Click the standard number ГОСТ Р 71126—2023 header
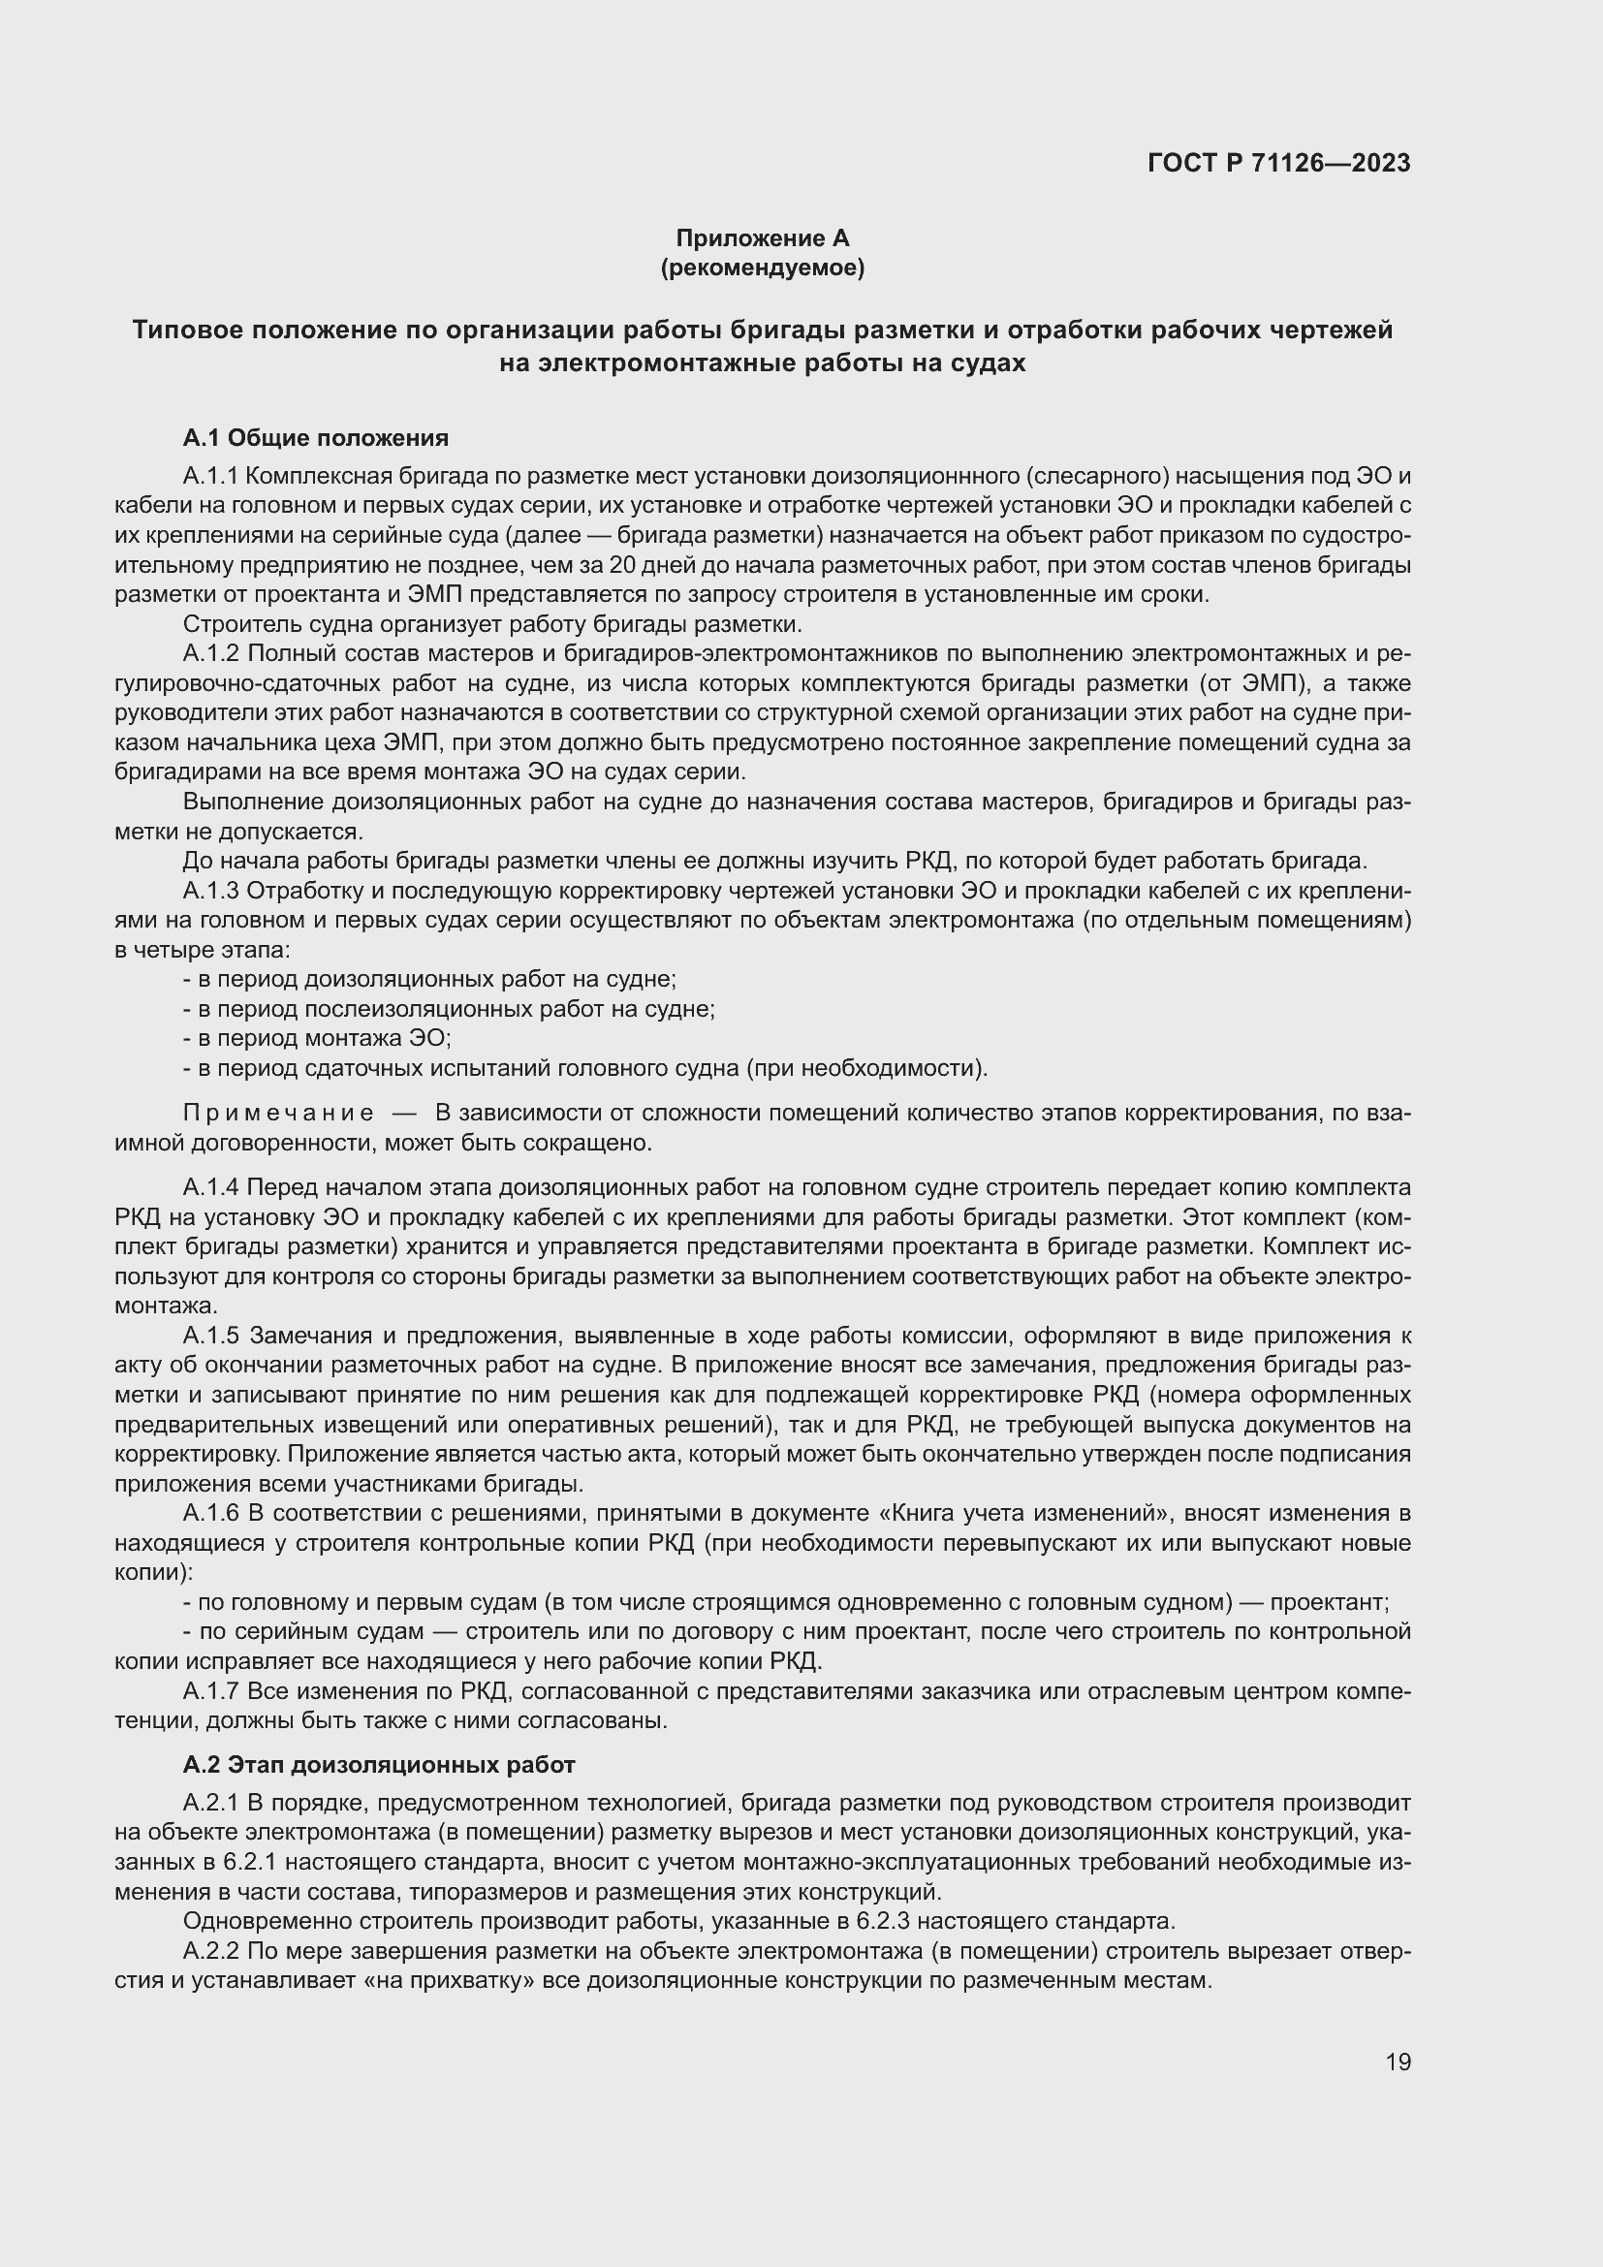pyautogui.click(x=1278, y=164)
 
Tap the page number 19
pyautogui.click(x=1398, y=2062)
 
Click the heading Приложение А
pyautogui.click(x=762, y=238)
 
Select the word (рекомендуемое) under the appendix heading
pyautogui.click(x=762, y=268)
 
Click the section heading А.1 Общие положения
pyautogui.click(x=316, y=437)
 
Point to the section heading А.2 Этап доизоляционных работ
pyautogui.click(x=379, y=1764)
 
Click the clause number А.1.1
pyautogui.click(x=210, y=476)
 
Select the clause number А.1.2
pyautogui.click(x=211, y=653)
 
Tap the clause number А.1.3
pyautogui.click(x=211, y=891)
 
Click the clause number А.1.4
pyautogui.click(x=211, y=1187)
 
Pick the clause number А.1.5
pyautogui.click(x=211, y=1336)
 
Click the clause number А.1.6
pyautogui.click(x=211, y=1514)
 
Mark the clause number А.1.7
pyautogui.click(x=211, y=1691)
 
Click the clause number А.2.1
pyautogui.click(x=211, y=1803)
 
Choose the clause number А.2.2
pyautogui.click(x=211, y=1951)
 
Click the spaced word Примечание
pyautogui.click(x=278, y=1113)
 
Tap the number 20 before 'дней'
pyautogui.click(x=623, y=565)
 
